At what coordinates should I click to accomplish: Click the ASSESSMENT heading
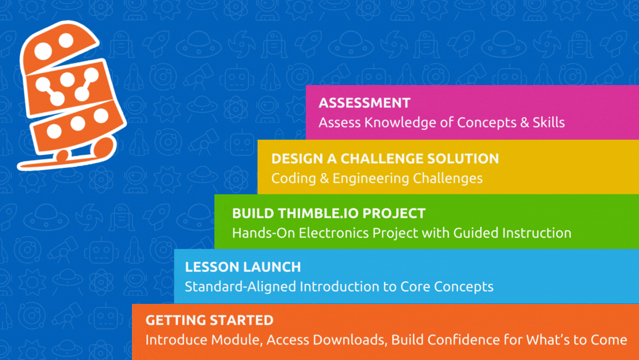coord(364,103)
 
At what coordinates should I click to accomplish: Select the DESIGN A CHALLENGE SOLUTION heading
coord(385,158)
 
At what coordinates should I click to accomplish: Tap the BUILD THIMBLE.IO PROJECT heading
coord(329,213)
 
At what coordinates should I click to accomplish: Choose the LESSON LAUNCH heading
coord(243,267)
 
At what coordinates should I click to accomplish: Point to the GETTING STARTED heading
coord(209,321)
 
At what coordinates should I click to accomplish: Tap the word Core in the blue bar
coord(414,286)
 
